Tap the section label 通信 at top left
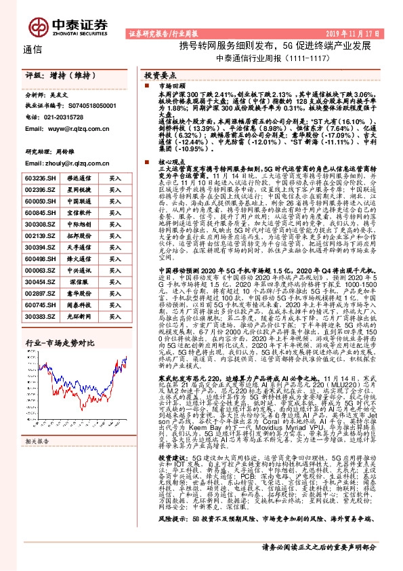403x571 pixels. coord(32,50)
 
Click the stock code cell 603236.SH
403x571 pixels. coord(40,178)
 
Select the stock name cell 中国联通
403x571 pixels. coord(79,201)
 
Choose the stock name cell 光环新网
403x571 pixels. coord(79,316)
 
